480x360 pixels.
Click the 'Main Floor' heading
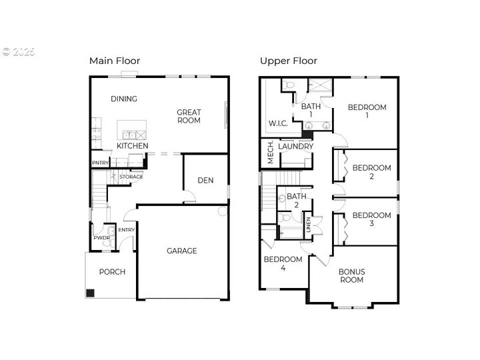pyautogui.click(x=115, y=61)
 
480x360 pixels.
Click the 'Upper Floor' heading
pyautogui.click(x=288, y=61)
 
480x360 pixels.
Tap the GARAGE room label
pyautogui.click(x=181, y=251)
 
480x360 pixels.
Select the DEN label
pyautogui.click(x=205, y=180)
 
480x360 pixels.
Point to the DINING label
pyautogui.click(x=124, y=99)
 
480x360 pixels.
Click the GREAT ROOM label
pyautogui.click(x=189, y=117)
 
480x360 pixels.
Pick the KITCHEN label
pyautogui.click(x=133, y=146)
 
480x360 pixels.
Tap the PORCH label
pyautogui.click(x=112, y=272)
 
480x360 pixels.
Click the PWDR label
pyautogui.click(x=101, y=237)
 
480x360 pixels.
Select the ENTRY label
pyautogui.click(x=126, y=230)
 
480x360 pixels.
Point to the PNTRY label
pyautogui.click(x=100, y=163)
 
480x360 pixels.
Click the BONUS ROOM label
pyautogui.click(x=351, y=275)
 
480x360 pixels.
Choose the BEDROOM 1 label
pyautogui.click(x=367, y=111)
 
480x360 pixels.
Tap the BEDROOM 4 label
pyautogui.click(x=283, y=263)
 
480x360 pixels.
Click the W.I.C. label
pyautogui.click(x=278, y=123)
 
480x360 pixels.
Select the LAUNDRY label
pyautogui.click(x=296, y=146)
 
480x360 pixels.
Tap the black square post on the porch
pyautogui.click(x=91, y=293)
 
